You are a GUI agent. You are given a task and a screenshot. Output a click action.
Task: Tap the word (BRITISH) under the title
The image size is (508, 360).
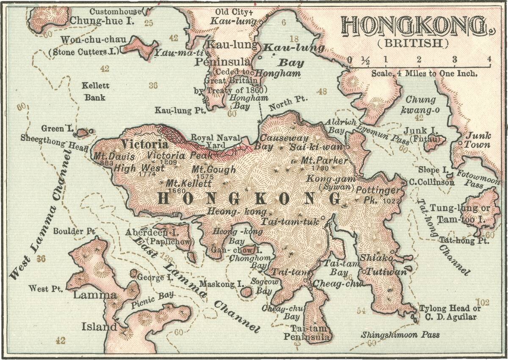pos(413,43)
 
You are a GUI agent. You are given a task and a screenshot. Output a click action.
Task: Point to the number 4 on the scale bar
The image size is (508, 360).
pos(489,59)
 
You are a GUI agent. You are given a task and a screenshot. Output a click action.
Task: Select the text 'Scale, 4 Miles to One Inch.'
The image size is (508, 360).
pos(425,73)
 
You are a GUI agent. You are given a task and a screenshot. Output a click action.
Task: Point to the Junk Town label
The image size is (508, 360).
pos(478,140)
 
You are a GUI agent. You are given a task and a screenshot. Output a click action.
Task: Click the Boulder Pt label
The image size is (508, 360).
pos(74,231)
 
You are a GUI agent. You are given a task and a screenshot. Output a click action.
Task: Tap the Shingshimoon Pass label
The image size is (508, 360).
pos(400,335)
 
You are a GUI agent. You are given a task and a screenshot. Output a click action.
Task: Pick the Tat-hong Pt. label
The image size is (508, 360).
pos(464,241)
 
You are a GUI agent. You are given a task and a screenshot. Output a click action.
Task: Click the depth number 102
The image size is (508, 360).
pos(483,302)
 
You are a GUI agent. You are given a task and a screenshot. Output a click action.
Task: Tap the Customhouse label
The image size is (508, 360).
pos(115,11)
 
